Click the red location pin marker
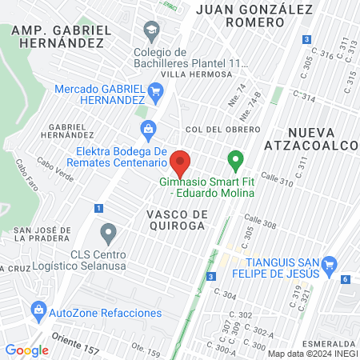pyautogui.click(x=181, y=163)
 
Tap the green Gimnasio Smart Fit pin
pyautogui.click(x=235, y=160)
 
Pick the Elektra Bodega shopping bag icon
pyautogui.click(x=147, y=128)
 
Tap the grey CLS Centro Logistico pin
pyautogui.click(x=109, y=234)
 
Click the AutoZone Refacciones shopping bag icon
pyautogui.click(x=38, y=309)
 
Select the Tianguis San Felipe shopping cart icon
pyautogui.click(x=329, y=265)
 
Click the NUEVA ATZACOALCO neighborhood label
pyautogui.click(x=322, y=137)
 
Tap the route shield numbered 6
pyautogui.click(x=345, y=279)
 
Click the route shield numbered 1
pyautogui.click(x=98, y=208)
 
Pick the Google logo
pyautogui.click(x=26, y=350)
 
